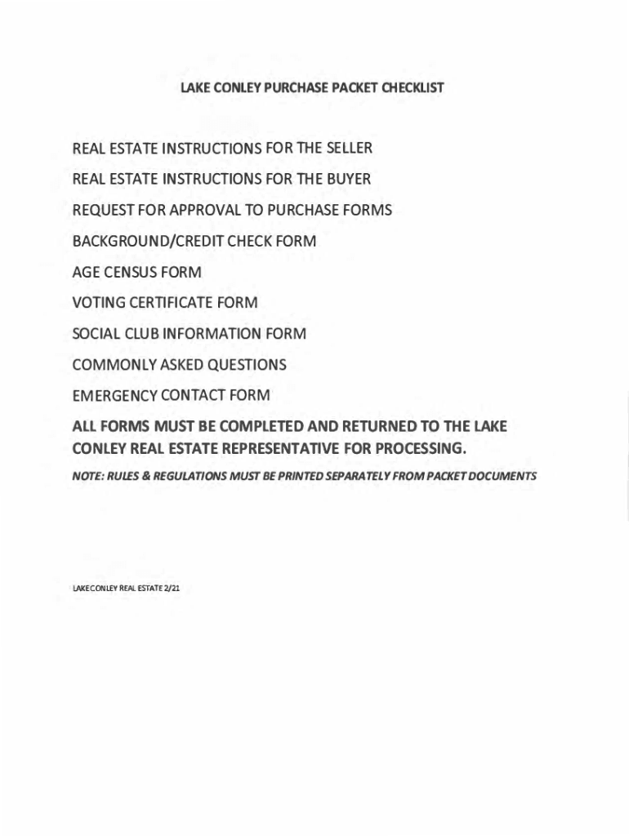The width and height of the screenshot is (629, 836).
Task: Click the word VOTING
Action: [x=98, y=303]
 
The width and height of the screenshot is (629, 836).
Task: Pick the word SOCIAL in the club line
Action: [x=96, y=334]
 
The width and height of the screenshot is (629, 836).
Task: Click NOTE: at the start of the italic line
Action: [x=87, y=475]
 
